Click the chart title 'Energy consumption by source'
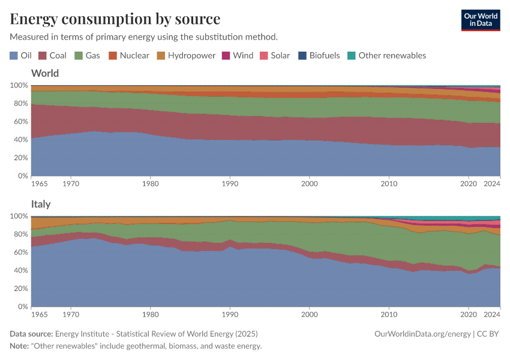tap(115, 19)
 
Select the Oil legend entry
tap(20, 55)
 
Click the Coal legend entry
tap(52, 55)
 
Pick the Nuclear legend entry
tap(128, 55)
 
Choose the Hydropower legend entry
tap(186, 55)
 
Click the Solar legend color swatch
tap(263, 55)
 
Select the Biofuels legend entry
tap(319, 55)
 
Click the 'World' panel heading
tap(45, 74)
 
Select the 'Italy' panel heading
tap(41, 205)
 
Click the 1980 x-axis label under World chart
tap(151, 183)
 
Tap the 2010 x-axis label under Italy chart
tap(389, 314)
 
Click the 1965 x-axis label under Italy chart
tap(40, 314)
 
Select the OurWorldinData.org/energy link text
tap(422, 334)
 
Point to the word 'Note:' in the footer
tap(20, 346)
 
